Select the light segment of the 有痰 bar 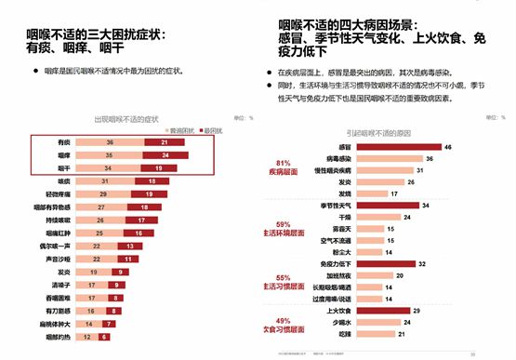112,142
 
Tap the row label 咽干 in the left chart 64,167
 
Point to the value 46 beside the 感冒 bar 448,148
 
